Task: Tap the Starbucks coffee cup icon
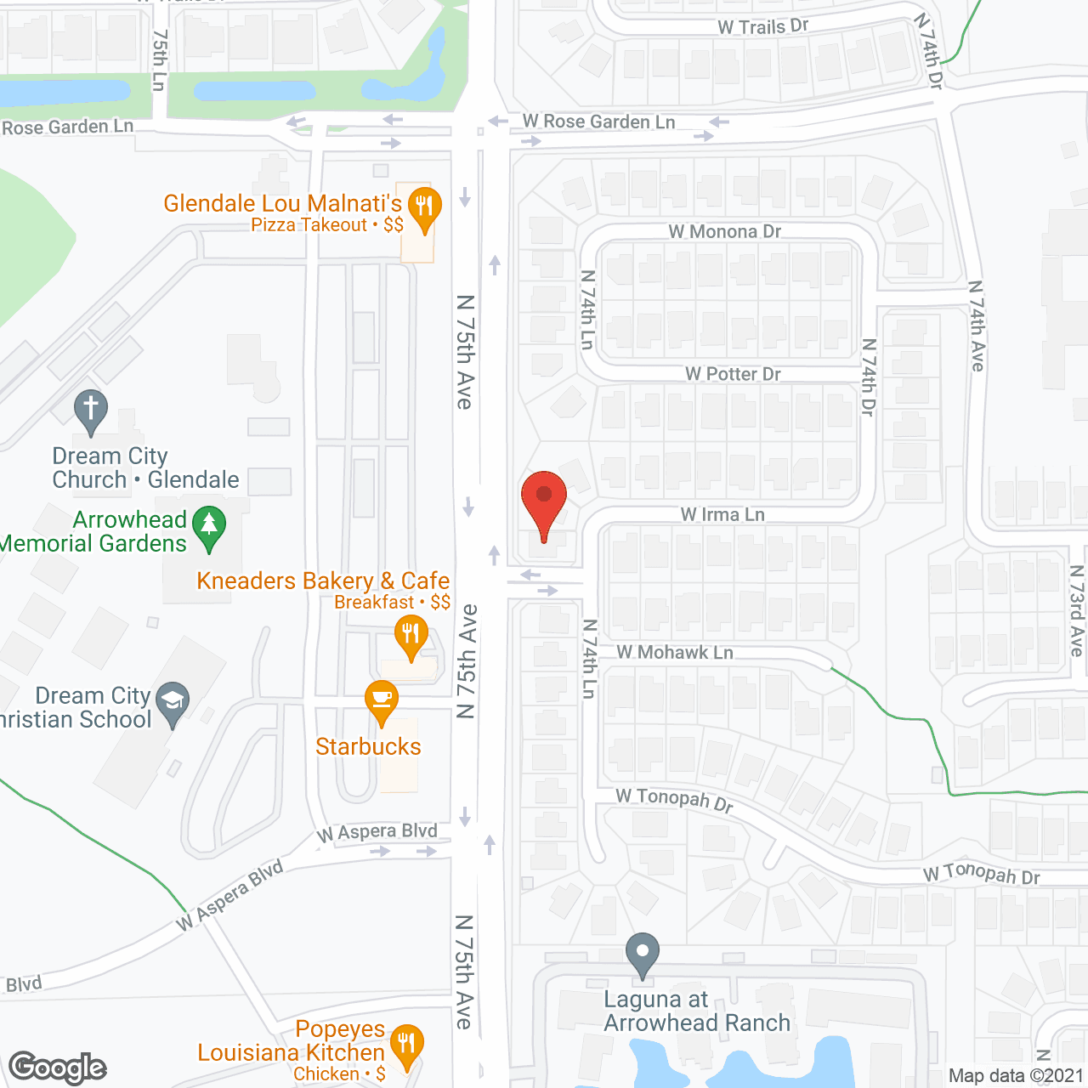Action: (x=382, y=700)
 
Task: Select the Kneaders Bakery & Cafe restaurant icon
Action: (x=411, y=635)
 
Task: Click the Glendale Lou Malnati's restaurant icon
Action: (x=424, y=207)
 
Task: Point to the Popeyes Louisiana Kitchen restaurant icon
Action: (x=406, y=1043)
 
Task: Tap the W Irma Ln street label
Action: (x=722, y=514)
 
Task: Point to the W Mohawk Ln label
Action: (x=675, y=653)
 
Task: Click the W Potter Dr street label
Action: (x=733, y=374)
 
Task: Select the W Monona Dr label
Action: (x=724, y=231)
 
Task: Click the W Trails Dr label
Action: (x=762, y=26)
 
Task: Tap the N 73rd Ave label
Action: (x=1077, y=610)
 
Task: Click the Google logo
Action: (x=58, y=1068)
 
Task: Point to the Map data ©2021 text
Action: (x=1016, y=1075)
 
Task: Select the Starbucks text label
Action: (x=368, y=746)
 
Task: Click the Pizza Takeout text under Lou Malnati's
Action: (x=309, y=225)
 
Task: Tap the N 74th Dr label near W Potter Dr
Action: (x=868, y=377)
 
